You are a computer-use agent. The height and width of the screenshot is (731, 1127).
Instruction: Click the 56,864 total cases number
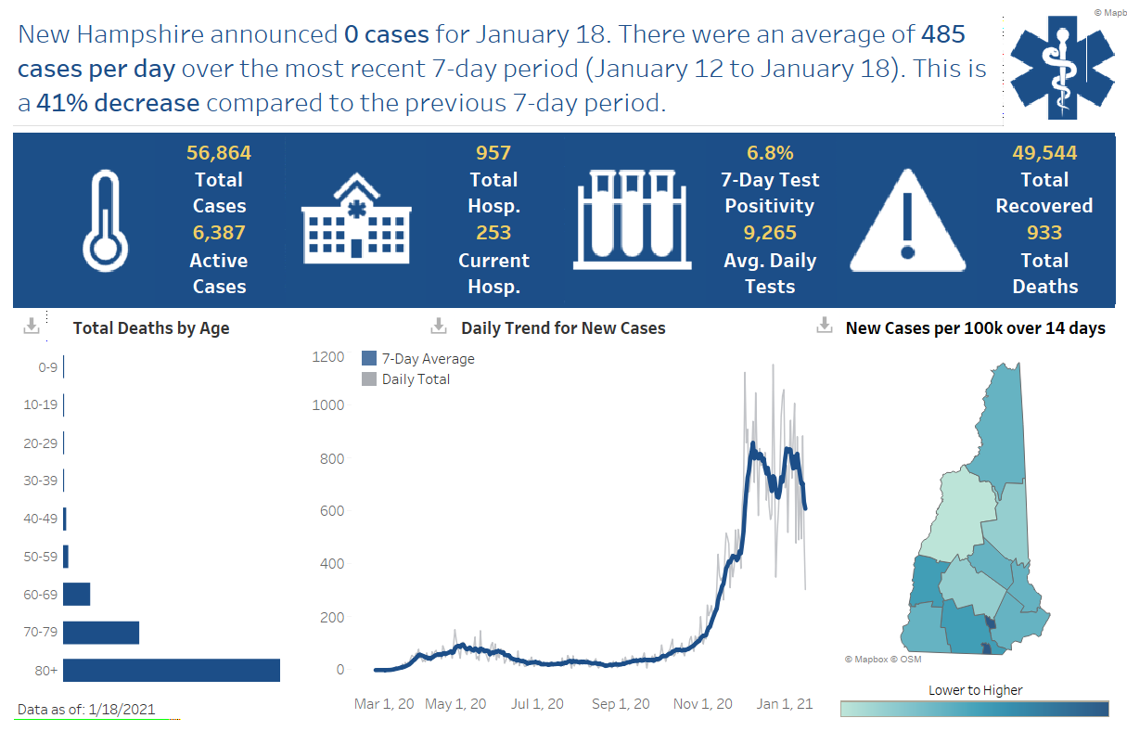point(219,153)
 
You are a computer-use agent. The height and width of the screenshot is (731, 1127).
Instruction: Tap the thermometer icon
point(104,221)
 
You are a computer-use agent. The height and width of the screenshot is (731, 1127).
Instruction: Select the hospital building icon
point(355,220)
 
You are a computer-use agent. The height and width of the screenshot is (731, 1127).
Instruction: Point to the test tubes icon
point(630,219)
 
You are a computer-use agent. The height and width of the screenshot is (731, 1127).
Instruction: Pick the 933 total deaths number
point(1044,233)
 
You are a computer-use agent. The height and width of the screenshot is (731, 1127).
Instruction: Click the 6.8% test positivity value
point(770,153)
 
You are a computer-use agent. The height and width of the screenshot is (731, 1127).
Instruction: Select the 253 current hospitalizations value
point(493,233)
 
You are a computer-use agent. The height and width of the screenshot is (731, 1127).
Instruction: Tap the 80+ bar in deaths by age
point(172,670)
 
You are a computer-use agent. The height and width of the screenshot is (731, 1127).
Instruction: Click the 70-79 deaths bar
point(101,632)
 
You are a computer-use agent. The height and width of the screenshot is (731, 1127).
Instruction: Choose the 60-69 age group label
point(40,595)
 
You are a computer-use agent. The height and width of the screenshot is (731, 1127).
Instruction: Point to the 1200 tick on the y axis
point(327,358)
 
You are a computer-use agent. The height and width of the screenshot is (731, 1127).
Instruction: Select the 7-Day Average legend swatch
point(369,359)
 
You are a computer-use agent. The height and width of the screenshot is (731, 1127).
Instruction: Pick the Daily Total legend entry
point(415,379)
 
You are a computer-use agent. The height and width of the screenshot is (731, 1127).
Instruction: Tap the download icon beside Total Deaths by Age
point(31,327)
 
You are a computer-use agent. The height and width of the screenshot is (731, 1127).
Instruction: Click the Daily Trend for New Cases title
point(563,328)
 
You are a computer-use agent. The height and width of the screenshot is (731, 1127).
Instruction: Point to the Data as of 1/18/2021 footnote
point(86,710)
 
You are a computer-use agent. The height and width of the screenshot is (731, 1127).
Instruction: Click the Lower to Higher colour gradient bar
point(974,709)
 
